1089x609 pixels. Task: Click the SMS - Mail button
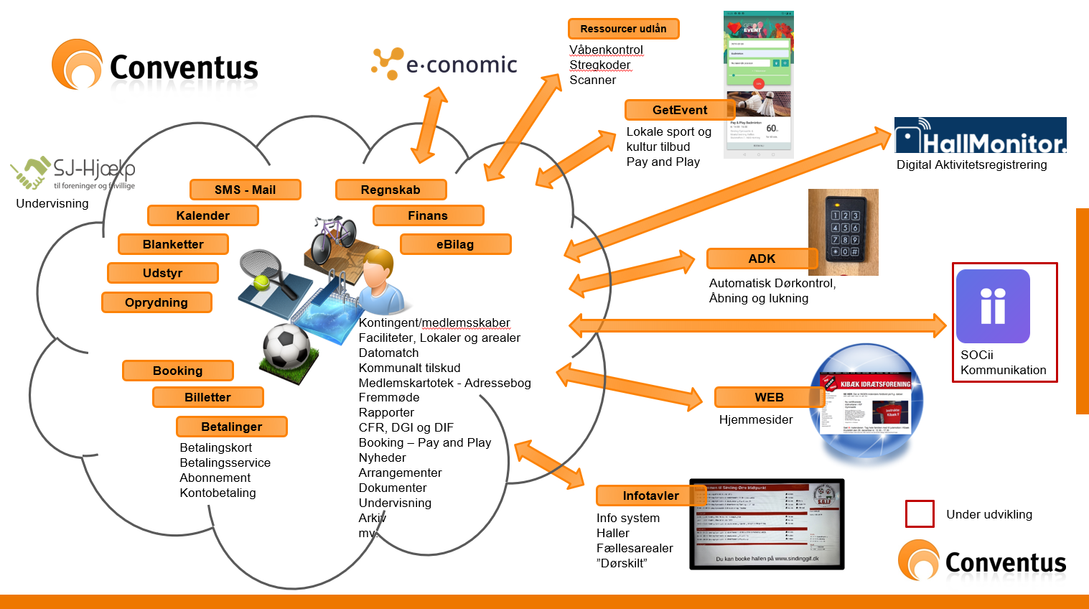(245, 190)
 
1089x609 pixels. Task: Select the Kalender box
(202, 215)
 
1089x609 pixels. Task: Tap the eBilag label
(455, 244)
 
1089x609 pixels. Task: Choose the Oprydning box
(156, 302)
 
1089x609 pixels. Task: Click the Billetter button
(207, 397)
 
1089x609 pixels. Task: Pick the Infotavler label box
(650, 496)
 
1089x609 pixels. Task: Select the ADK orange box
(762, 259)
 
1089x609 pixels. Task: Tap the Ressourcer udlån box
(623, 29)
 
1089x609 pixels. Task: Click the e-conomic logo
(444, 64)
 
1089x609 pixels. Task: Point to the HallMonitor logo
(980, 136)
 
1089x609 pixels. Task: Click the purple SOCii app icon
(993, 306)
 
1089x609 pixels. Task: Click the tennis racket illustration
(266, 273)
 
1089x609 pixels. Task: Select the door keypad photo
(843, 232)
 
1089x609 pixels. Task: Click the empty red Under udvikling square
(920, 514)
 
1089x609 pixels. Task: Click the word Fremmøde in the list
(389, 397)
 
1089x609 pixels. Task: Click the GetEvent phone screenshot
(758, 84)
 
